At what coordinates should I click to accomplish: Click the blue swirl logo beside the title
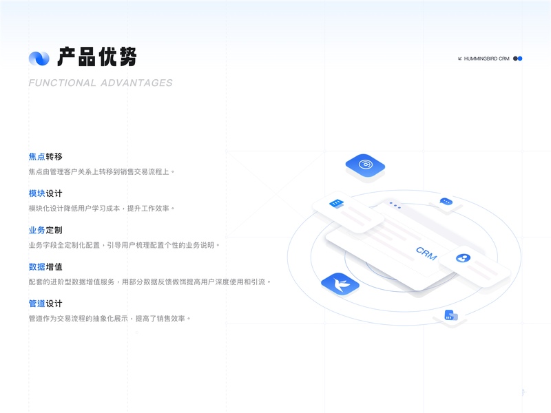point(39,58)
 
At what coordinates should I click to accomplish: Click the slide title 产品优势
point(97,57)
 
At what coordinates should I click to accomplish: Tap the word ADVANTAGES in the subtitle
point(136,83)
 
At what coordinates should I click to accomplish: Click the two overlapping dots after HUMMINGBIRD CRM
point(518,59)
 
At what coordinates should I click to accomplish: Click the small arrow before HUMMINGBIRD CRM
point(460,59)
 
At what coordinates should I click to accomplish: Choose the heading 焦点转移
point(45,157)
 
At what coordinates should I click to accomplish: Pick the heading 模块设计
point(45,193)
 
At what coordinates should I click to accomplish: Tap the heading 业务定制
point(45,230)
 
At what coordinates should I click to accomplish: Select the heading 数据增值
point(45,266)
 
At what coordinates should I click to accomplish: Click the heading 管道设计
point(45,303)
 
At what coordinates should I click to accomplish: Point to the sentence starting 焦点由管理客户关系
point(102,171)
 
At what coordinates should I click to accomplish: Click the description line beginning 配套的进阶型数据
point(150,282)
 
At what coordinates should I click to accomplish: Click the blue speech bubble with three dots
point(446,202)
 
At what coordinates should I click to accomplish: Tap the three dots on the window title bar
point(394,204)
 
